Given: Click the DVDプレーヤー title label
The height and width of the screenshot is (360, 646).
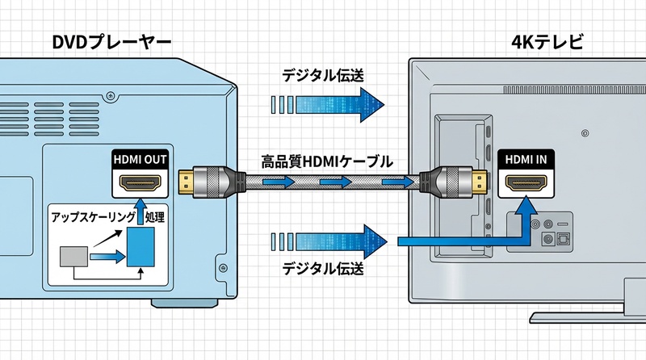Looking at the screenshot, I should [x=111, y=41].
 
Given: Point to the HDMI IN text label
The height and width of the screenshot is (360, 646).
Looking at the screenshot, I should [x=526, y=159].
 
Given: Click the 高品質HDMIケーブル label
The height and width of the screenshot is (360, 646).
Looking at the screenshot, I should [x=327, y=161].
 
